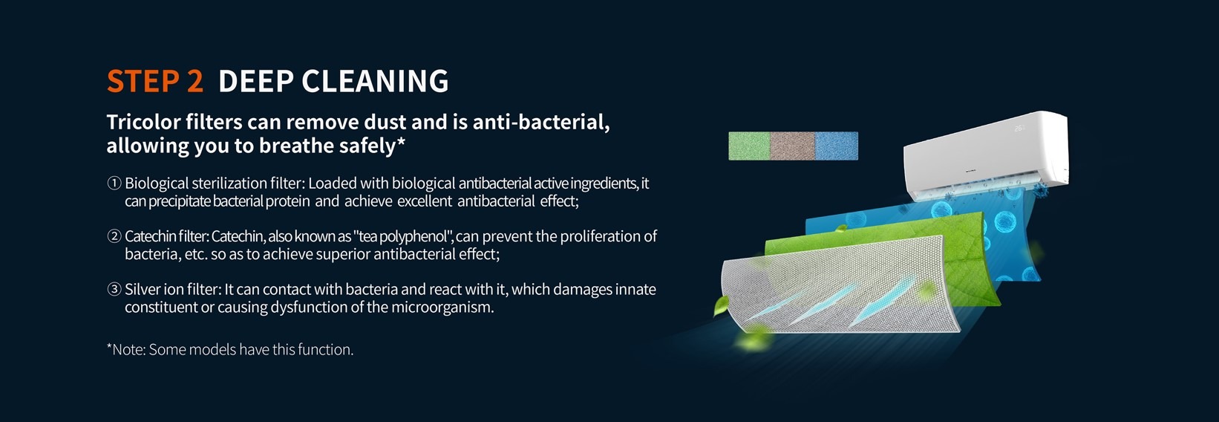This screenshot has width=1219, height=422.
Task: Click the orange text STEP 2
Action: point(155,81)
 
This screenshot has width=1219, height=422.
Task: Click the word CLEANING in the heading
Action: point(375,81)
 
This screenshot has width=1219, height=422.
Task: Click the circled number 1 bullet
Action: point(114,183)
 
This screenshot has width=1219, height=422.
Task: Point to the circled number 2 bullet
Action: point(114,236)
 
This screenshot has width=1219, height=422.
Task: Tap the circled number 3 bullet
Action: point(114,289)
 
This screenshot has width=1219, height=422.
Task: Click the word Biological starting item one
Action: point(157,184)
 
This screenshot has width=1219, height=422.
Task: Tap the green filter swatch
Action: point(749,146)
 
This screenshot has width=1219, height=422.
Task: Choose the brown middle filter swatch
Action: point(792,146)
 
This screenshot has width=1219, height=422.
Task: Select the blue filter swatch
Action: point(837,146)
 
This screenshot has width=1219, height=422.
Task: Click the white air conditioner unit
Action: point(985,155)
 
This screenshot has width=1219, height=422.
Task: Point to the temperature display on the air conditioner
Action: point(1019,129)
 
